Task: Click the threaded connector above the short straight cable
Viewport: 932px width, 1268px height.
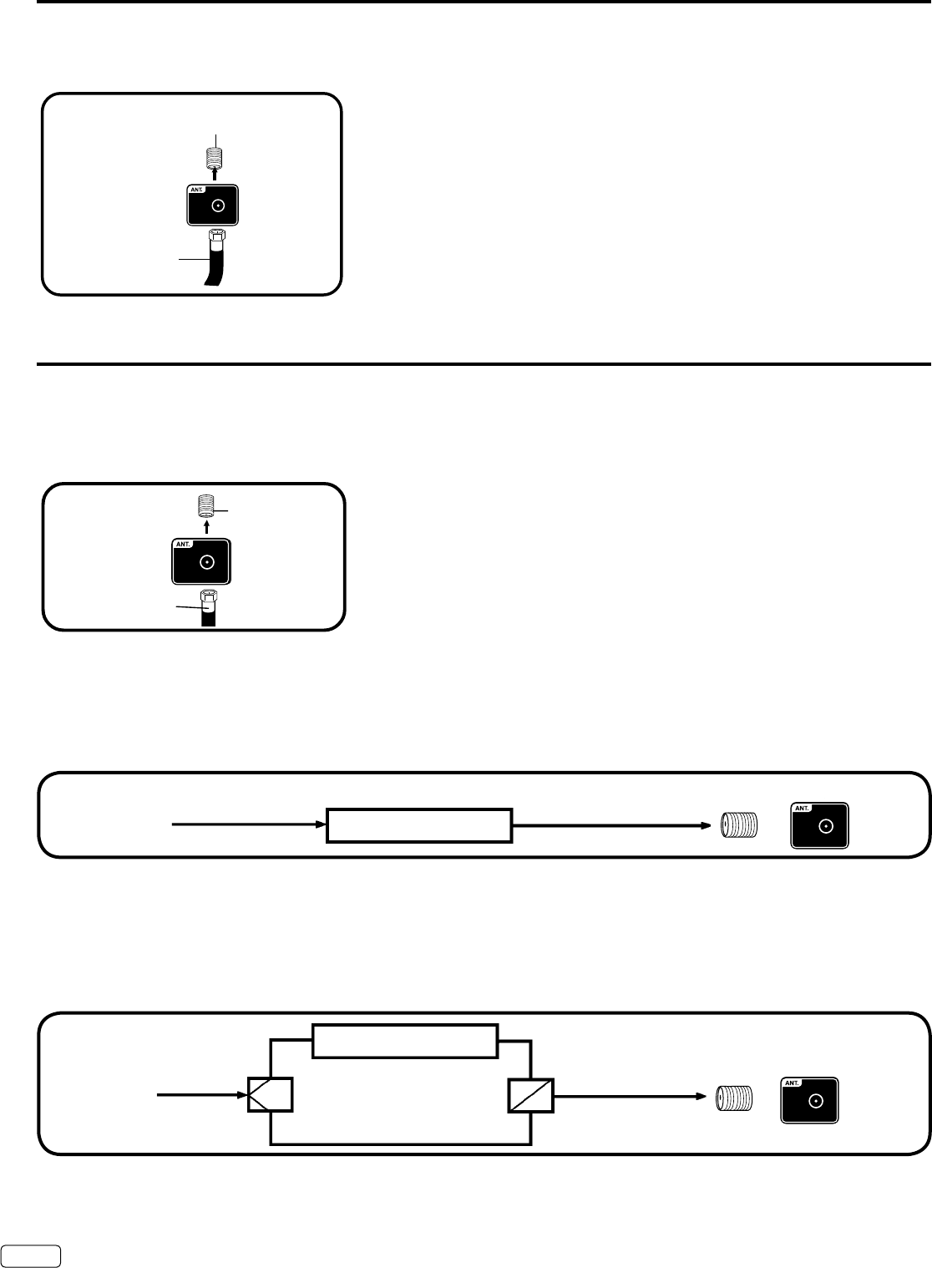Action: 207,507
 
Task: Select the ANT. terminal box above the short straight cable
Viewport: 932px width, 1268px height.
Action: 201,560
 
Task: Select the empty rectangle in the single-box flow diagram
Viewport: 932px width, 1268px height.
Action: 418,825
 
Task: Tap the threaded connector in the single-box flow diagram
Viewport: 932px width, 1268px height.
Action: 738,825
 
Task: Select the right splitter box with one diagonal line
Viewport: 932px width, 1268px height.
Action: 530,1094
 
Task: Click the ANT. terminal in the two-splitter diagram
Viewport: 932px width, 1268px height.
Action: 809,1099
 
